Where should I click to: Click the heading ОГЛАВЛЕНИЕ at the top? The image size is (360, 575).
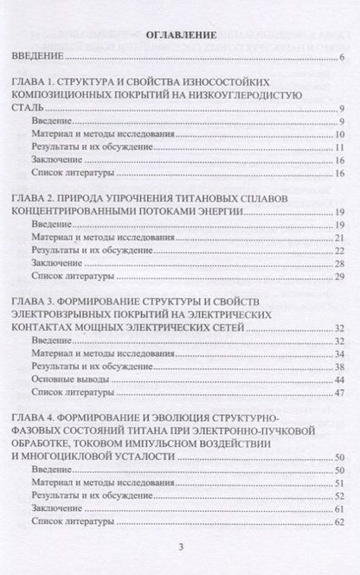(x=180, y=35)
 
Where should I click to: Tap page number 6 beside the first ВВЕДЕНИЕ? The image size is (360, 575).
(x=344, y=58)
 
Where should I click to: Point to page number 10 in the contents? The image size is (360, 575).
(x=340, y=135)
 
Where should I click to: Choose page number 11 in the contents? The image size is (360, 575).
(x=340, y=148)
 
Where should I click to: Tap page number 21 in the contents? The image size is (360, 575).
(x=340, y=238)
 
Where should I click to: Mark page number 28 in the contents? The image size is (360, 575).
(x=340, y=264)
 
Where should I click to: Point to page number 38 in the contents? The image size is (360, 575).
(x=340, y=367)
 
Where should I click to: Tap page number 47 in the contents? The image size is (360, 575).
(x=340, y=393)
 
